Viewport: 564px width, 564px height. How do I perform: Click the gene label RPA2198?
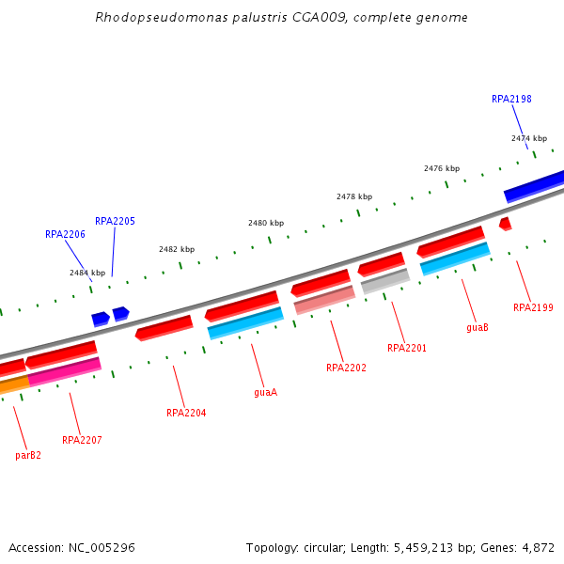[x=511, y=99]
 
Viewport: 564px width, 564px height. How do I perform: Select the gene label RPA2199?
[x=533, y=307]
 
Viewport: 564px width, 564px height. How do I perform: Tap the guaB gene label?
[x=478, y=328]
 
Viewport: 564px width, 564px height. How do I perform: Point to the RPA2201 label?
[x=407, y=348]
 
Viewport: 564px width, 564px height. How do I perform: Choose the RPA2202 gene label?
[x=346, y=368]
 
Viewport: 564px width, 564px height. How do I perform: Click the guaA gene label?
[x=266, y=392]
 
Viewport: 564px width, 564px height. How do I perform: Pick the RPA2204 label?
[x=186, y=413]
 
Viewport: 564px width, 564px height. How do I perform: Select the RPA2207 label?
[x=82, y=440]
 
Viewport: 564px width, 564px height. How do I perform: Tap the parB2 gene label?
[x=28, y=455]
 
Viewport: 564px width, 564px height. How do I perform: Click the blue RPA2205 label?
[x=115, y=221]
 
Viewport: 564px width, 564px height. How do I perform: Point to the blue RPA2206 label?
[x=65, y=234]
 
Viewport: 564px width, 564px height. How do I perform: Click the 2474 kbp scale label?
[x=529, y=138]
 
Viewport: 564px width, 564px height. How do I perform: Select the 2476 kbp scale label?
[x=442, y=168]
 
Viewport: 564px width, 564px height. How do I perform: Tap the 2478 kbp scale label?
[x=354, y=196]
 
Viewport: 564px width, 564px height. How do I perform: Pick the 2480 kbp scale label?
[x=266, y=223]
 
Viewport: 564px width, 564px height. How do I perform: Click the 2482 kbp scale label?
[x=177, y=249]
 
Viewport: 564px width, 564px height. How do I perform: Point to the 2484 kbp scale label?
[x=87, y=273]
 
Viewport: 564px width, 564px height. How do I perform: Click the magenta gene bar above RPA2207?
[x=65, y=371]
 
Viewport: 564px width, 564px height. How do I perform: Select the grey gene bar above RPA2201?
[x=385, y=281]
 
